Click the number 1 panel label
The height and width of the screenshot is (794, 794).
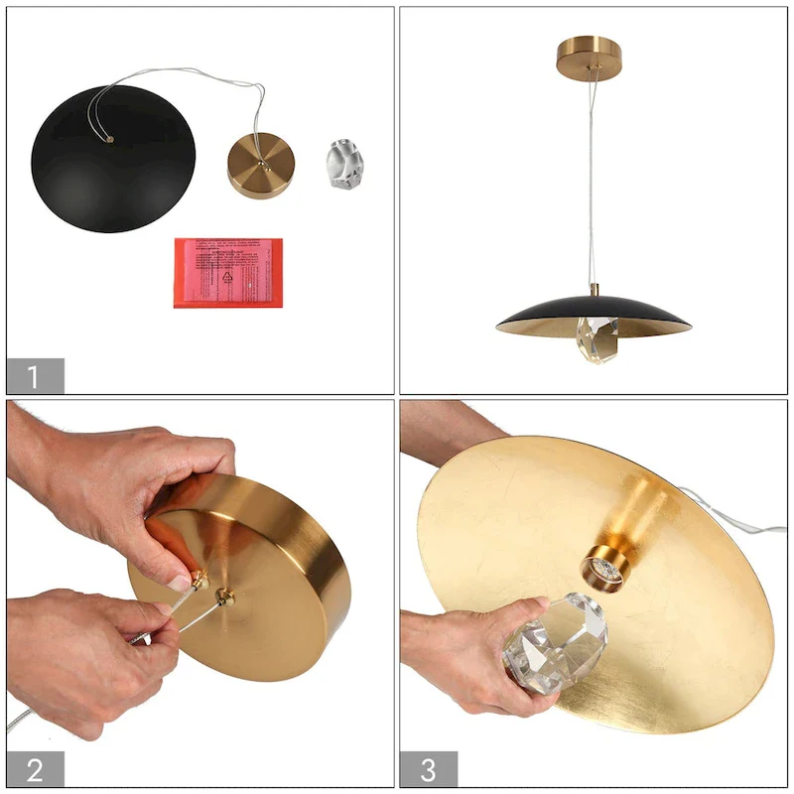pos(35,376)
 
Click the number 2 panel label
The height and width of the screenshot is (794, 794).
pos(35,769)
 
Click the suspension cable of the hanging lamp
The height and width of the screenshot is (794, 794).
pos(593,179)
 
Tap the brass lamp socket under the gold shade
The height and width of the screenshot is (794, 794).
pos(602,568)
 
